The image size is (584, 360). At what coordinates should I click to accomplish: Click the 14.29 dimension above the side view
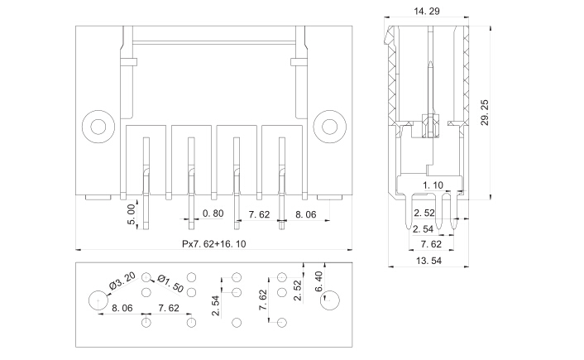pyautogui.click(x=427, y=12)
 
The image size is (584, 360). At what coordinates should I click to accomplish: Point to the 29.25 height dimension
pyautogui.click(x=485, y=113)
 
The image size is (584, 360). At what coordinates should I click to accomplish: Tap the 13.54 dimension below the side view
pyautogui.click(x=428, y=261)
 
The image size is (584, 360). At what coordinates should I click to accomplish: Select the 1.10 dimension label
pyautogui.click(x=433, y=185)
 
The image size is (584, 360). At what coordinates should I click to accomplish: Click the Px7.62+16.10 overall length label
pyautogui.click(x=213, y=244)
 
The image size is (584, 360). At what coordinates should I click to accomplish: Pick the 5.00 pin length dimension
pyautogui.click(x=132, y=214)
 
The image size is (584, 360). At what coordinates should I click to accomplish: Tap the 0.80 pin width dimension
pyautogui.click(x=213, y=214)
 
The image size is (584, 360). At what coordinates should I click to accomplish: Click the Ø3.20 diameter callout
pyautogui.click(x=122, y=281)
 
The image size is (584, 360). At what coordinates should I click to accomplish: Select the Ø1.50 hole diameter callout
pyautogui.click(x=170, y=284)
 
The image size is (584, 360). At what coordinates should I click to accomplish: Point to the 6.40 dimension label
pyautogui.click(x=318, y=281)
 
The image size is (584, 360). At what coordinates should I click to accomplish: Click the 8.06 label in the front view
pyautogui.click(x=306, y=214)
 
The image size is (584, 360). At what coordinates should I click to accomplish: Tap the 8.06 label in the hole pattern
pyautogui.click(x=122, y=308)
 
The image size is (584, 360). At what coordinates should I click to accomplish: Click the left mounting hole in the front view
pyautogui.click(x=98, y=127)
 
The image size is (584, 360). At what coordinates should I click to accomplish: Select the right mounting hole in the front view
pyautogui.click(x=329, y=127)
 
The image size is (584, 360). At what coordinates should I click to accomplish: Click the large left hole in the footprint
pyautogui.click(x=98, y=300)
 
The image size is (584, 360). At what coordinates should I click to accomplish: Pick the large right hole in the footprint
pyautogui.click(x=329, y=300)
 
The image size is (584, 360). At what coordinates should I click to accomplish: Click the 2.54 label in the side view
pyautogui.click(x=423, y=228)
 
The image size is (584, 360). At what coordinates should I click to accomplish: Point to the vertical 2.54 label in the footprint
pyautogui.click(x=216, y=305)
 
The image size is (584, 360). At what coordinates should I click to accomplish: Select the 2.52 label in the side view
pyautogui.click(x=424, y=213)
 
